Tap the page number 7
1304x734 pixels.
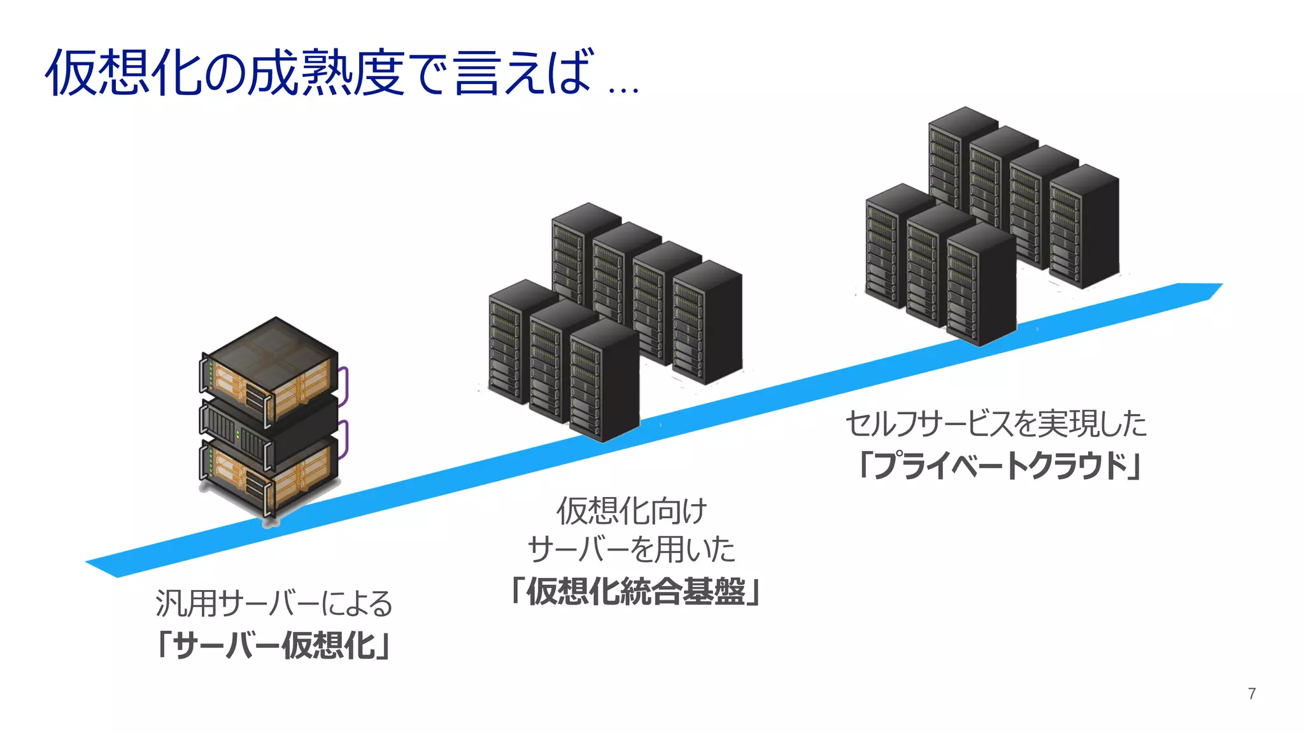[x=1252, y=693]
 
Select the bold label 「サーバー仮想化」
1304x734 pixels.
[x=273, y=645]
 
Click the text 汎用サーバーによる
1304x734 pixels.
[x=274, y=603]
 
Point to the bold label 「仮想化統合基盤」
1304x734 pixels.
[x=635, y=591]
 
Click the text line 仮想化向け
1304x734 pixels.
[x=632, y=510]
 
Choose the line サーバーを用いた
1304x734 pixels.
[x=632, y=549]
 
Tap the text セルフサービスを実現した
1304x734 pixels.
[x=996, y=424]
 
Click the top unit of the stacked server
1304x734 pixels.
[x=267, y=370]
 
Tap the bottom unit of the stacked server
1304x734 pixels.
[x=267, y=478]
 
